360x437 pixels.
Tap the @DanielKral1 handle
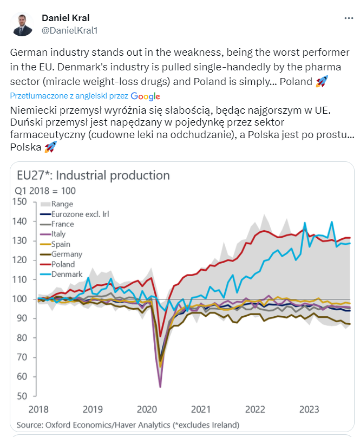pyautogui.click(x=70, y=31)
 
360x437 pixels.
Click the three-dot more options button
pyautogui.click(x=349, y=18)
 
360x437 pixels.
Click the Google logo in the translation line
pyautogui.click(x=145, y=96)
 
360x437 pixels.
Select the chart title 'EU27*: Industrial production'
pyautogui.click(x=93, y=175)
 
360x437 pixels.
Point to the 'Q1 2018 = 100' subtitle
pyautogui.click(x=46, y=191)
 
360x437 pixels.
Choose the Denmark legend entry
pyautogui.click(x=67, y=274)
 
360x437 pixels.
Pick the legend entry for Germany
pyautogui.click(x=67, y=254)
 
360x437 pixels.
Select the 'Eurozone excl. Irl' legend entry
pyautogui.click(x=80, y=214)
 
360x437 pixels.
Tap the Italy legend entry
pyautogui.click(x=58, y=234)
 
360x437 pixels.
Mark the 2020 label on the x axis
pyautogui.click(x=147, y=409)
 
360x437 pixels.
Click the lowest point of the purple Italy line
pyautogui.click(x=160, y=387)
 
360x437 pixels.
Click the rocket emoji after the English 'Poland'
pyautogui.click(x=322, y=82)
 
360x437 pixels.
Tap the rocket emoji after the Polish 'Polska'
pyautogui.click(x=50, y=147)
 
